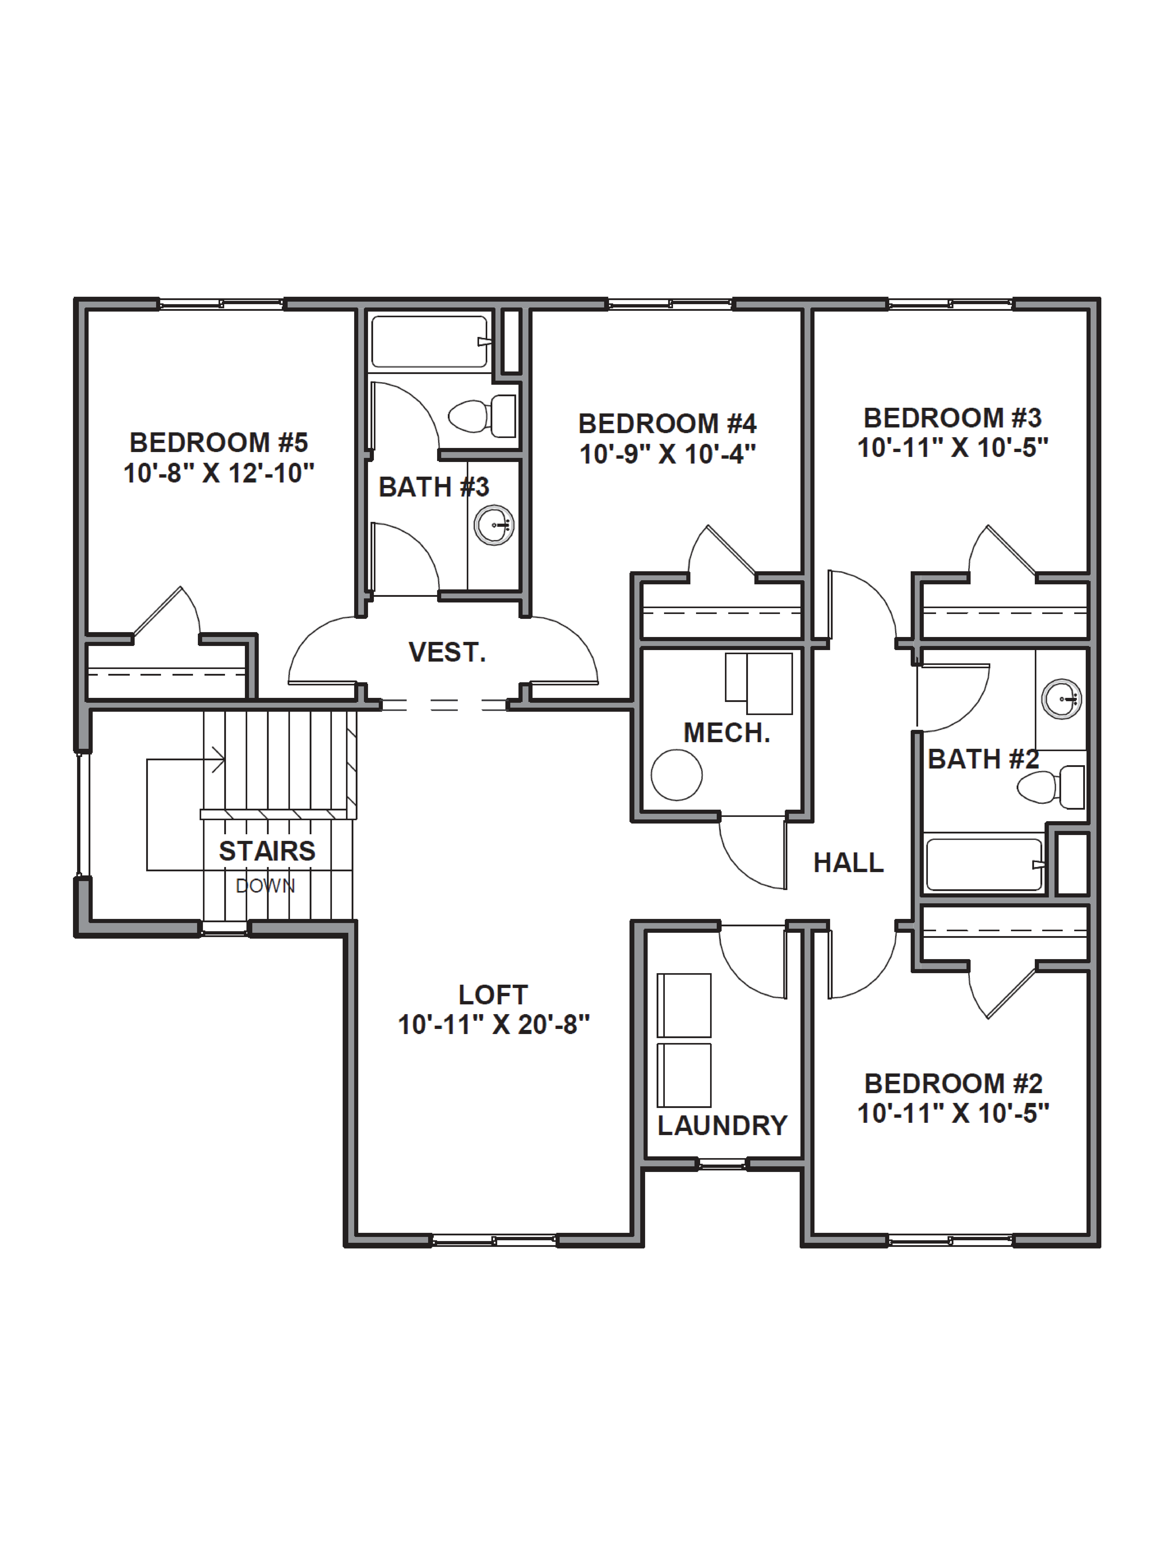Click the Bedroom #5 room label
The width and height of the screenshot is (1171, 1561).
[x=219, y=442]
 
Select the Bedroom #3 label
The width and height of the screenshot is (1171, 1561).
[x=953, y=418]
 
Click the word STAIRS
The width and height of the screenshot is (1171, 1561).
[x=267, y=851]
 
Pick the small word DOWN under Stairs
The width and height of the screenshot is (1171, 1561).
[x=265, y=886]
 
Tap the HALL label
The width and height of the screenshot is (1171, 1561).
[x=848, y=862]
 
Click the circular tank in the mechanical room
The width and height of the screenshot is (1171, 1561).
[x=676, y=775]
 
